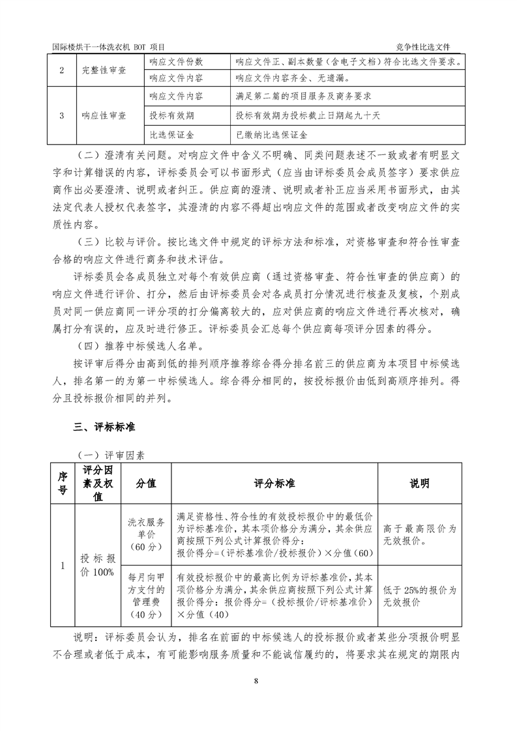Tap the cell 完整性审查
coord(104,70)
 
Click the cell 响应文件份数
coord(176,62)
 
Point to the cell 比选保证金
coord(171,135)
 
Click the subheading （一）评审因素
coord(104,455)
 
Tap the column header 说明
coord(419,483)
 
